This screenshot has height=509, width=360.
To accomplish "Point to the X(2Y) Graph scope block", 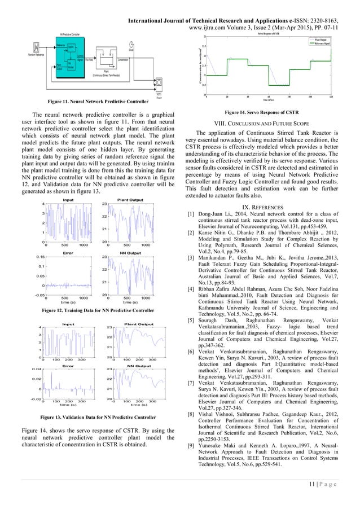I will (159, 82).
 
